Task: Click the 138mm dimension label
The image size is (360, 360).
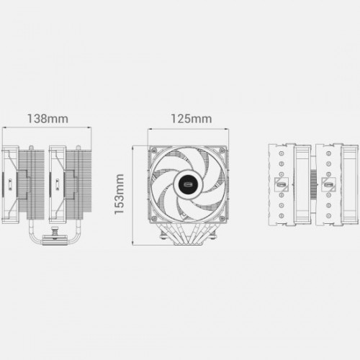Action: click(49, 118)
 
